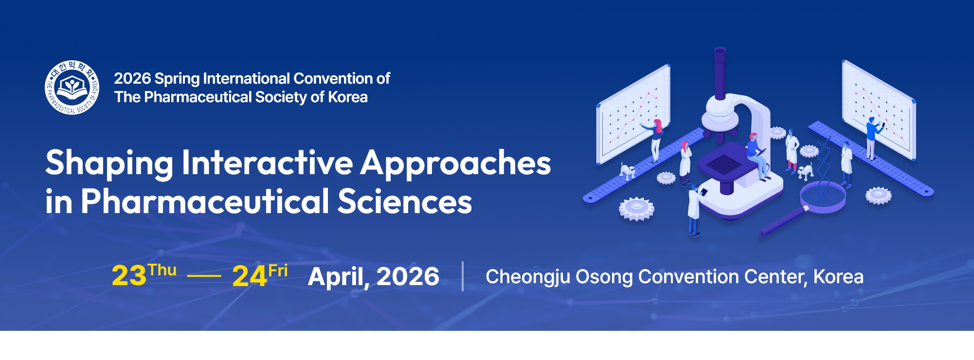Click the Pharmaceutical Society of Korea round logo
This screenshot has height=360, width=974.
72,88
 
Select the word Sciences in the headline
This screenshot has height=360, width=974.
404,201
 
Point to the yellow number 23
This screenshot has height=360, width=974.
129,276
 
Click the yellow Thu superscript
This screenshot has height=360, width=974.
162,270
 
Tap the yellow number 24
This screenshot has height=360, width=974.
250,276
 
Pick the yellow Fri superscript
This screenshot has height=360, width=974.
278,270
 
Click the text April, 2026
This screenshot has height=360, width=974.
374,276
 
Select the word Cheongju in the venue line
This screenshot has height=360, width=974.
527,277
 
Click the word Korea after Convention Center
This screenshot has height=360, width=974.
838,276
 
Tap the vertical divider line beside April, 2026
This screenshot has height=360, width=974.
462,276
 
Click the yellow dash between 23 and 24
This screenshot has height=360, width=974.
204,276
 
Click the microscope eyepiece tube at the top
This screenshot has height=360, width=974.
720,73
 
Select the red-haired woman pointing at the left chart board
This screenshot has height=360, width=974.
656,139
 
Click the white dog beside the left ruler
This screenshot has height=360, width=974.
627,171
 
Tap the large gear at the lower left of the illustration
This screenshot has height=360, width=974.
636,208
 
